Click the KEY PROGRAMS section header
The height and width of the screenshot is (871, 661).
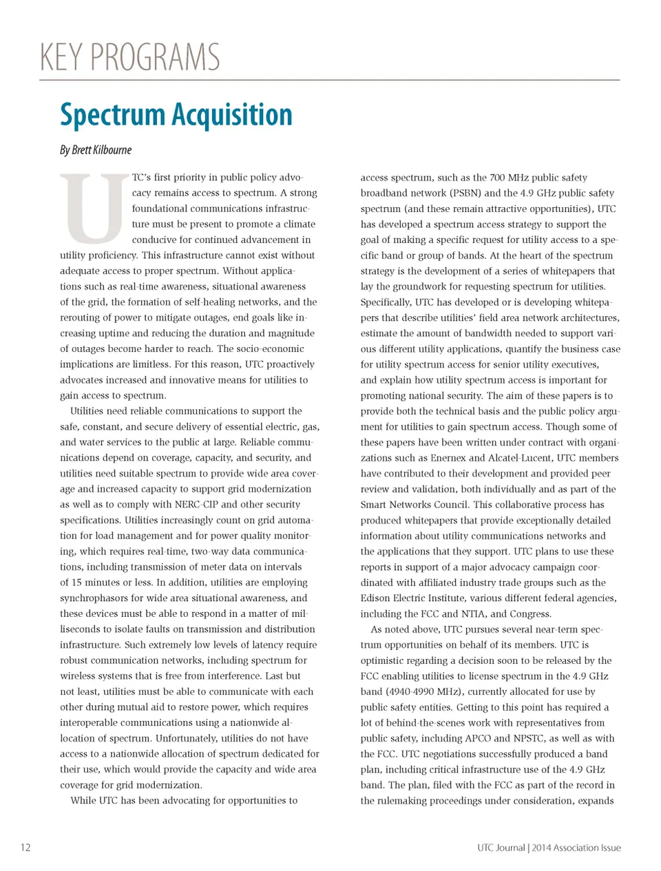130,57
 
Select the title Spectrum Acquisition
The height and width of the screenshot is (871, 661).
176,114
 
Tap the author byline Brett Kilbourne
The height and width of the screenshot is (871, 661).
96,150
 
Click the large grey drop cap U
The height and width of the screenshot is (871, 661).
94,209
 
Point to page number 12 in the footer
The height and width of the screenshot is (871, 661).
25,848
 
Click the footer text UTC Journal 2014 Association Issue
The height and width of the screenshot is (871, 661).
549,848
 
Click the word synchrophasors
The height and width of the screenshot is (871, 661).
97,598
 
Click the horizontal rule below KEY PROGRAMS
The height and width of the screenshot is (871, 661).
329,80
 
